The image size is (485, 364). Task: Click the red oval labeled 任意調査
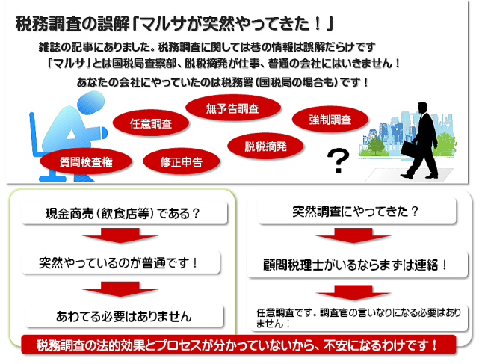point(151,123)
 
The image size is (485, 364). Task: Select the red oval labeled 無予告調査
point(233,108)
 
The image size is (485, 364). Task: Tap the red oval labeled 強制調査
point(330,120)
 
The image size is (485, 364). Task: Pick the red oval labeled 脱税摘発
point(265,146)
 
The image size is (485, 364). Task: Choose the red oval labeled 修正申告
point(182,161)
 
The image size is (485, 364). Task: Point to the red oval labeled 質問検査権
point(86,161)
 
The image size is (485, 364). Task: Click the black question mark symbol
point(338,160)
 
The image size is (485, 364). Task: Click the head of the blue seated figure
point(90,103)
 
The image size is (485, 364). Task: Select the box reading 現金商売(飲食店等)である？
point(124,213)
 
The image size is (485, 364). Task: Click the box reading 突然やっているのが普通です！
point(120,263)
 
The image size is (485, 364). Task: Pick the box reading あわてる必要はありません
point(124,316)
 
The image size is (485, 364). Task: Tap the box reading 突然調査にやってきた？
point(356,212)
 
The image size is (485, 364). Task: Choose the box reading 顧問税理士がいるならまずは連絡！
point(357,265)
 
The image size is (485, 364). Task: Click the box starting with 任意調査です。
point(359,318)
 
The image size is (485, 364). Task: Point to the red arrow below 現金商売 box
point(120,235)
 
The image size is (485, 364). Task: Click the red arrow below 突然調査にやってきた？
point(353,235)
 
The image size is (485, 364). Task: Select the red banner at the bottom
point(238,345)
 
